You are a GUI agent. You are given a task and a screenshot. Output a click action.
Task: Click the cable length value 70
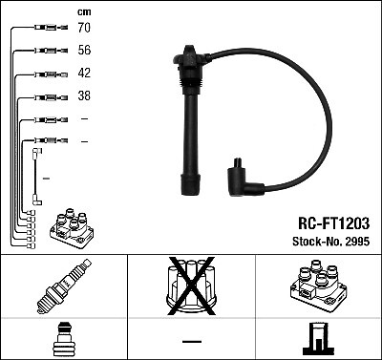point(84,30)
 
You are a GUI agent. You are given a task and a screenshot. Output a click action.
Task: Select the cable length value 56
point(84,52)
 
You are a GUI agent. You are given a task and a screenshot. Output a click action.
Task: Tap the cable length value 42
point(84,74)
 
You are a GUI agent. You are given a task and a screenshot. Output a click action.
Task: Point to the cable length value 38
point(84,96)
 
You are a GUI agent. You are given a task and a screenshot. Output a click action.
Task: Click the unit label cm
point(83,11)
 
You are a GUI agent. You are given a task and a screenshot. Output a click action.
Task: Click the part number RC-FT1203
point(328,222)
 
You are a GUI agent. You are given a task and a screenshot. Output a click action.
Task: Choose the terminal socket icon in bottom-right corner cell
point(317,338)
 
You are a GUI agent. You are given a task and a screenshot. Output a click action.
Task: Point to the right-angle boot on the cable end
point(240,179)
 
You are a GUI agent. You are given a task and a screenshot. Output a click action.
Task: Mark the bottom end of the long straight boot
point(187,186)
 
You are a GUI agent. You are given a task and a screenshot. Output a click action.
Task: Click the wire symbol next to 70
point(45,30)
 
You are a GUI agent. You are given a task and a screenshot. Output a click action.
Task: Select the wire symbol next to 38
point(45,96)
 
